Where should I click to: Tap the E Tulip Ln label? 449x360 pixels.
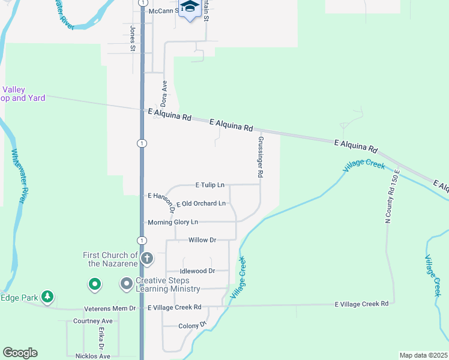pyautogui.click(x=209, y=185)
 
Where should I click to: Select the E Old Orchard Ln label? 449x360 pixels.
pyautogui.click(x=200, y=203)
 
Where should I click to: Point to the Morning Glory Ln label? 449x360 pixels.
pyautogui.click(x=173, y=222)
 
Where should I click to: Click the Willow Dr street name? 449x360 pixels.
pyautogui.click(x=202, y=240)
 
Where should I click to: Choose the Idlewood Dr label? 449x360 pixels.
pyautogui.click(x=198, y=271)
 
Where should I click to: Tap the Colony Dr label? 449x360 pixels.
pyautogui.click(x=193, y=326)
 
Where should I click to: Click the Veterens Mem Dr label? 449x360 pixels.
pyautogui.click(x=111, y=308)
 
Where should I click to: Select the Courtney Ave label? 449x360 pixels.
pyautogui.click(x=93, y=321)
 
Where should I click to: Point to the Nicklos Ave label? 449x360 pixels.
pyautogui.click(x=92, y=356)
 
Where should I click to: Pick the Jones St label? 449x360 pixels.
pyautogui.click(x=133, y=38)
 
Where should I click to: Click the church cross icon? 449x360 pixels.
pyautogui.click(x=147, y=259)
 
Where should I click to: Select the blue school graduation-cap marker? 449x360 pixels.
pyautogui.click(x=190, y=8)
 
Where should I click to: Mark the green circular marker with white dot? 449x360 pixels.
pyautogui.click(x=94, y=284)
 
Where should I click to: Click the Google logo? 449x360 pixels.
pyautogui.click(x=20, y=353)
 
